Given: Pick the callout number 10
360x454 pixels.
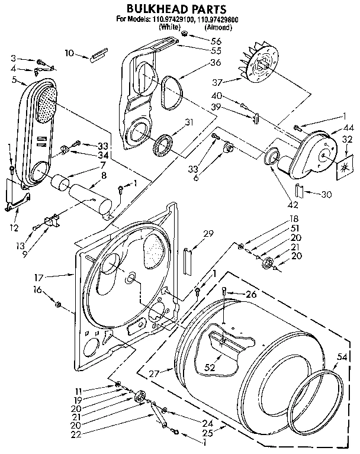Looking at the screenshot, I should pyautogui.click(x=69, y=53).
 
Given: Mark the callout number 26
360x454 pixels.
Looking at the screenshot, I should pyautogui.click(x=251, y=294).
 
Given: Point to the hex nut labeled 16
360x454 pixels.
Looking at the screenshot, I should pyautogui.click(x=58, y=304).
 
